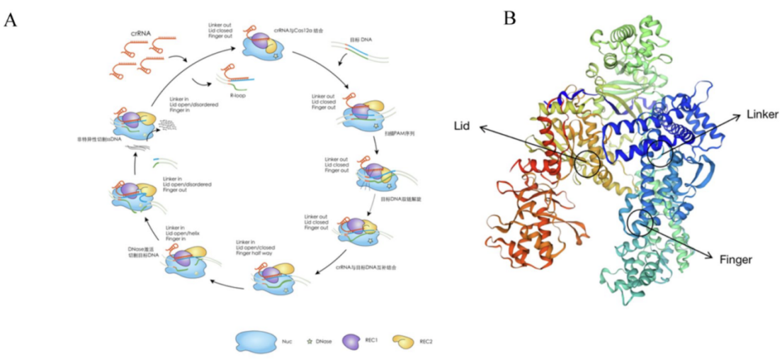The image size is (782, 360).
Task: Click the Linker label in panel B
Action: click(762, 114)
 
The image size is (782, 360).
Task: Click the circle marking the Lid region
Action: click(587, 164)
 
